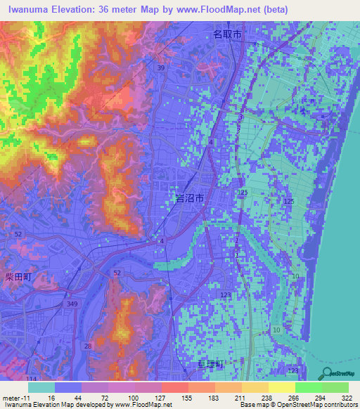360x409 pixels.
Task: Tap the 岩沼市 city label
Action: pos(189,200)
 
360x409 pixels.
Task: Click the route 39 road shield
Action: pos(162,67)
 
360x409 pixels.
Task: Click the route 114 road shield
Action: pos(32,379)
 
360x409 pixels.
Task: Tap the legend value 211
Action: pos(240,397)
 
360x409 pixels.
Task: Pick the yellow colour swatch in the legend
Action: pos(282,387)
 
